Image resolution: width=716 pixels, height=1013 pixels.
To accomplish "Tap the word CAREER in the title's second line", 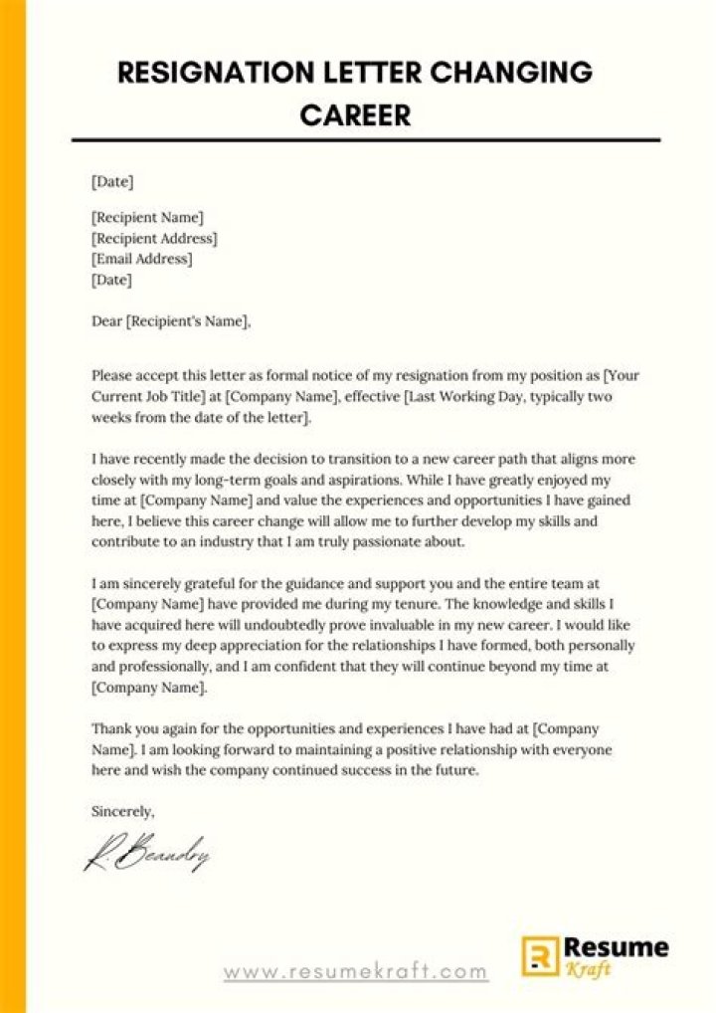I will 355,115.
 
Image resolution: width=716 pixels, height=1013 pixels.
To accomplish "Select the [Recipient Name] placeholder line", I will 147,217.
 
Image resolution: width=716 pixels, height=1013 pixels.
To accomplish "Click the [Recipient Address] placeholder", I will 154,239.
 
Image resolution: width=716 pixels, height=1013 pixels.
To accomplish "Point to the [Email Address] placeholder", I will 142,260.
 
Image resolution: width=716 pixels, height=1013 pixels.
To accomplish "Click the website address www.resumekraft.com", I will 355,971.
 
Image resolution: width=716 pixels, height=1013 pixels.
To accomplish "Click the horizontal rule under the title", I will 365,140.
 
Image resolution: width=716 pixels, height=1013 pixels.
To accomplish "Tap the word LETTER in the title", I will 371,75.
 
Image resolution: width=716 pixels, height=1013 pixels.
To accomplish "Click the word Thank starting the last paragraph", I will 109,728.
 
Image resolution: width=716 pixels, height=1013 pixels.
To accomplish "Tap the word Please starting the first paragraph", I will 112,376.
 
